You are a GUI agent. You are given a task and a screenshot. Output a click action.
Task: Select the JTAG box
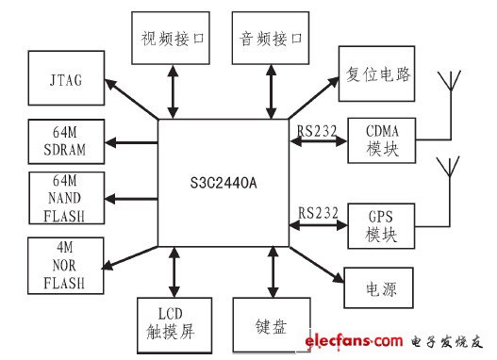pyautogui.click(x=67, y=80)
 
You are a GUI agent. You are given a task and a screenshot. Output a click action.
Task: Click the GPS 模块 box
pyautogui.click(x=382, y=223)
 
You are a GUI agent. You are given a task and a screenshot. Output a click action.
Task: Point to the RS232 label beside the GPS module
pyautogui.click(x=317, y=213)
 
